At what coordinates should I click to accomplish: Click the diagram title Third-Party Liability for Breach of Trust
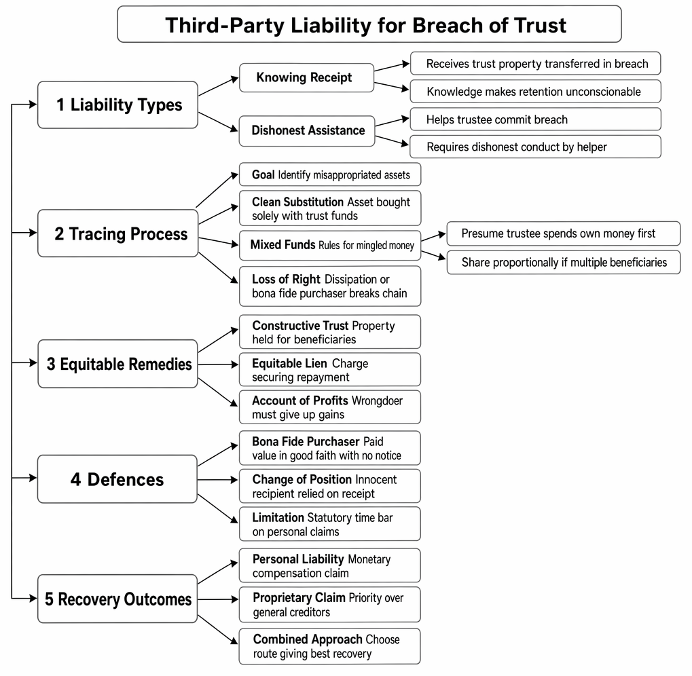(x=365, y=25)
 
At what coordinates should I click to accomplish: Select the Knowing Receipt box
(x=307, y=77)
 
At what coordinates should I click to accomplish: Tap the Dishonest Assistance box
(x=307, y=130)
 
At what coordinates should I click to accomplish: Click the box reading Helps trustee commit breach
(x=535, y=119)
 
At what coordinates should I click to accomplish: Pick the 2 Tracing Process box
(x=118, y=233)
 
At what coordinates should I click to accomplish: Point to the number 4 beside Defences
(x=75, y=479)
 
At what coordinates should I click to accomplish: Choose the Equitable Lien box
(x=329, y=369)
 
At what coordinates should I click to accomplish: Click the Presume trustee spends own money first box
(x=564, y=233)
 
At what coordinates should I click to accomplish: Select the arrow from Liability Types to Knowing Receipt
(x=219, y=86)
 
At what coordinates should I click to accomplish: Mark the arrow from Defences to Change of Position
(x=218, y=480)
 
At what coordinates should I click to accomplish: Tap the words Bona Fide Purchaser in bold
(x=306, y=441)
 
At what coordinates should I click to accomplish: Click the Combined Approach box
(x=329, y=646)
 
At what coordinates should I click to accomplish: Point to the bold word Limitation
(x=278, y=517)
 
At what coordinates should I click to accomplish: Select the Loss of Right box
(x=330, y=286)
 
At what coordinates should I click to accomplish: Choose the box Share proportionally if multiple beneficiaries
(x=564, y=263)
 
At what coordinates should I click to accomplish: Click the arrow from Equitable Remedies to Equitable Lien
(x=218, y=364)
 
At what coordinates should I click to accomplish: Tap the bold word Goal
(x=263, y=174)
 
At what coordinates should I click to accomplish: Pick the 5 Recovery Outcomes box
(x=117, y=599)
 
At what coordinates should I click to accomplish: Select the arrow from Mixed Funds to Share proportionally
(x=433, y=255)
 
